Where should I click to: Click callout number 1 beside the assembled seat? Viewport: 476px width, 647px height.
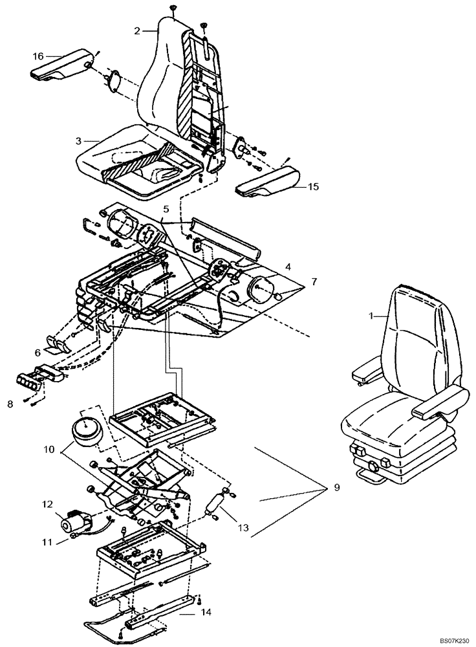(371, 316)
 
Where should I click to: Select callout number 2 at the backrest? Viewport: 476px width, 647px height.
(137, 30)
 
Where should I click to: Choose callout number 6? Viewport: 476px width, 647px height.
(38, 353)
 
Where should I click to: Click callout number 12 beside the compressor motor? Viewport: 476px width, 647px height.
(47, 504)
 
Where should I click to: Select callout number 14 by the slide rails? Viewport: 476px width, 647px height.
(205, 610)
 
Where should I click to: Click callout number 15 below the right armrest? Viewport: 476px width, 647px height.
(313, 187)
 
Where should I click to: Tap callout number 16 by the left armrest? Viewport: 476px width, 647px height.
(38, 56)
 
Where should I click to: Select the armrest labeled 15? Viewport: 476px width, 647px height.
(266, 181)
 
